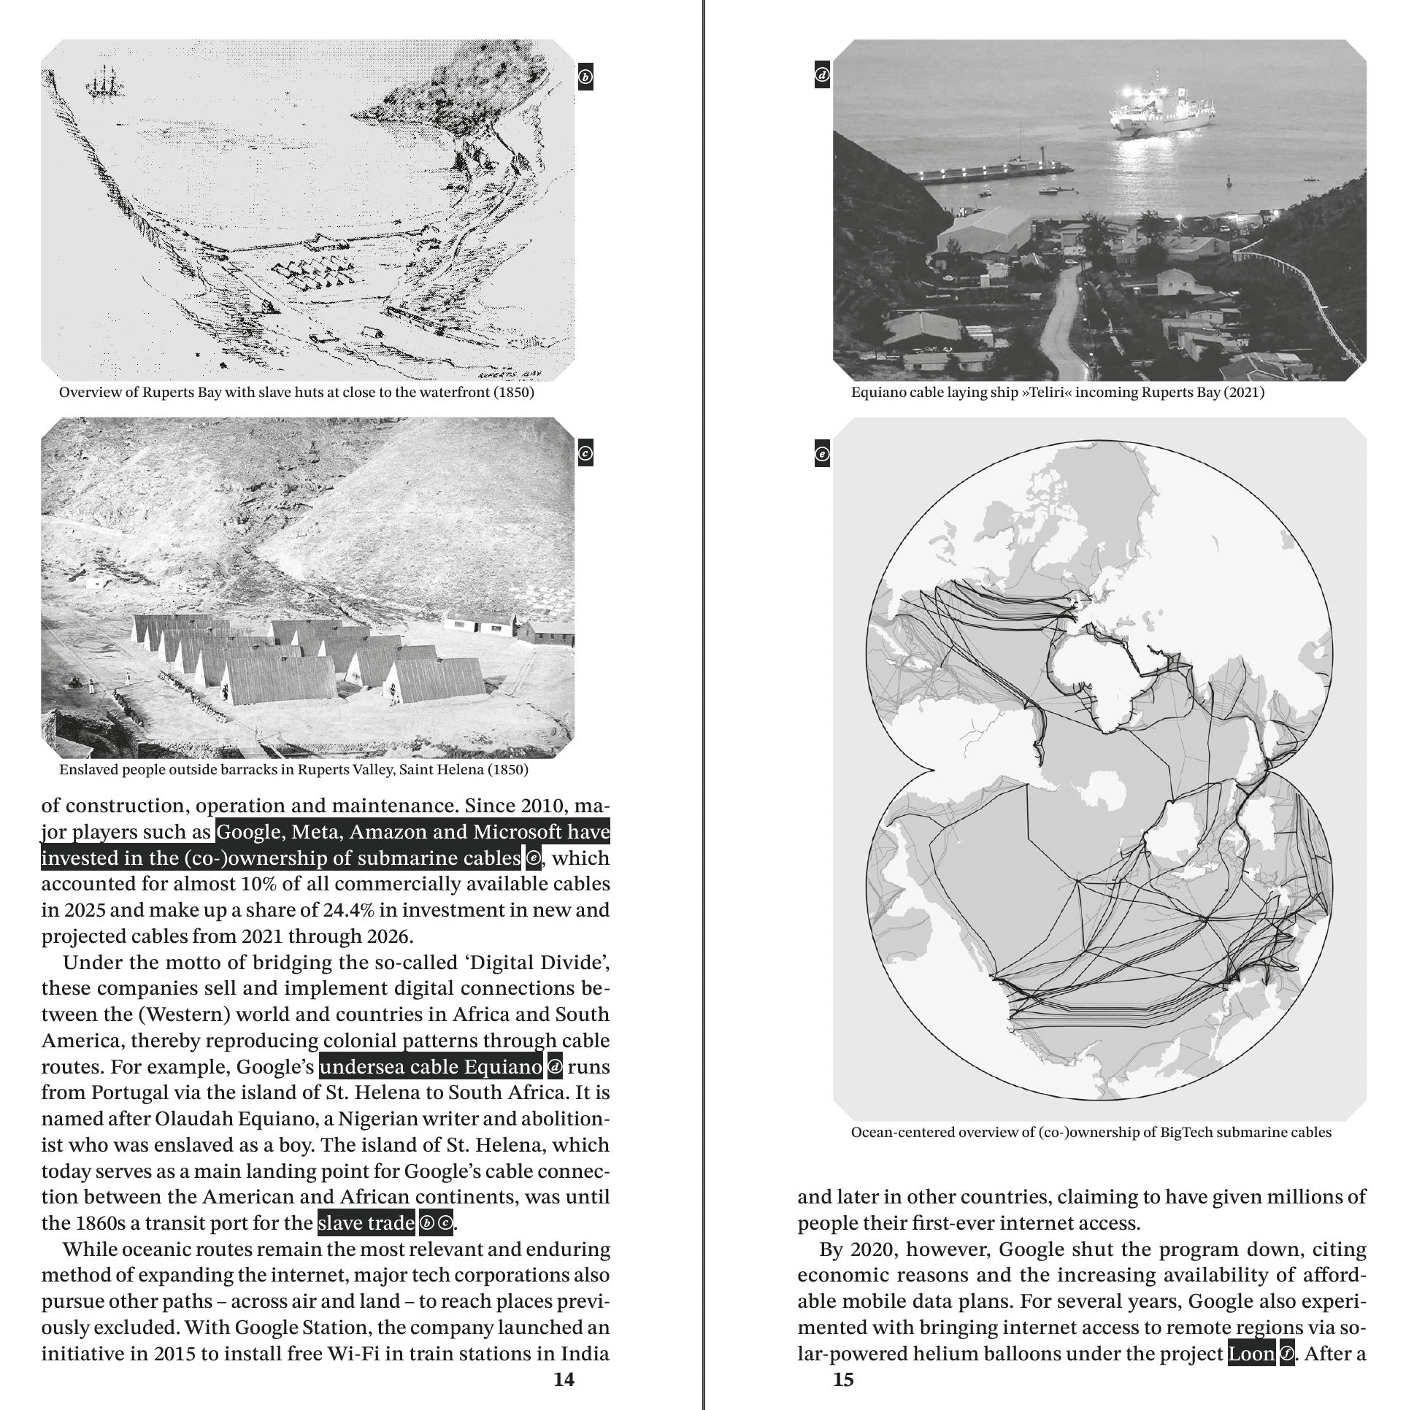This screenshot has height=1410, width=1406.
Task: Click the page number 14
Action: (x=564, y=1379)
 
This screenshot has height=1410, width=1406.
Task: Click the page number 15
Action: (x=843, y=1379)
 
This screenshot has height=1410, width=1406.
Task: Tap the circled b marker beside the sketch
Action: (x=585, y=77)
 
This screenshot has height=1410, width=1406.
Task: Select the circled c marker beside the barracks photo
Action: (x=585, y=453)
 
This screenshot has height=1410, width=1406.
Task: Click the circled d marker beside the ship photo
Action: (x=823, y=75)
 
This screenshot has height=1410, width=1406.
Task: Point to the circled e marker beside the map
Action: (x=823, y=454)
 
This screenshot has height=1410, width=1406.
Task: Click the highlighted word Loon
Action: (x=1251, y=1353)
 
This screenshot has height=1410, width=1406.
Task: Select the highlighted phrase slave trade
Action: (x=366, y=1222)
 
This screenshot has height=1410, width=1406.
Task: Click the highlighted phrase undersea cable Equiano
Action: (x=431, y=1067)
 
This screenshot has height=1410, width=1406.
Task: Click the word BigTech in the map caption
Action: (x=1184, y=1133)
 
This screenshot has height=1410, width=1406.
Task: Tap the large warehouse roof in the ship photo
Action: (x=986, y=230)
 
